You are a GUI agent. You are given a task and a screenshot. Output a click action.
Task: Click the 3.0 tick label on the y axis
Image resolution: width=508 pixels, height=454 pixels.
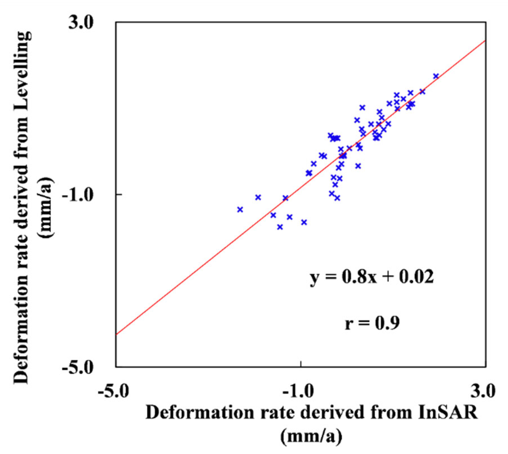coord(81,23)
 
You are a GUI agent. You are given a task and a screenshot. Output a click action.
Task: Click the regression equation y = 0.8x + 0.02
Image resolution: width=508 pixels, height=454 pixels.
coord(371,277)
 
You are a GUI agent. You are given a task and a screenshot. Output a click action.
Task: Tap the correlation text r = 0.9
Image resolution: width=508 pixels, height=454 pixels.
coord(372,323)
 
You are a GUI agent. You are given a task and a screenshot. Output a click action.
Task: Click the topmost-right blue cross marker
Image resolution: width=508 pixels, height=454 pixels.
coord(436,76)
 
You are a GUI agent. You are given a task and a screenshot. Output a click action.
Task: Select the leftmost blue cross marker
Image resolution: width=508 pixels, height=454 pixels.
coord(240,209)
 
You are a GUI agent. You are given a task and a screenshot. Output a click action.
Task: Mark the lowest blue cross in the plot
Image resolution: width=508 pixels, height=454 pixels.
coord(280,227)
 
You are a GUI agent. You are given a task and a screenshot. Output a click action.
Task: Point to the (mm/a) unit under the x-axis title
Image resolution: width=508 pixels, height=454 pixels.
coord(311,436)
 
